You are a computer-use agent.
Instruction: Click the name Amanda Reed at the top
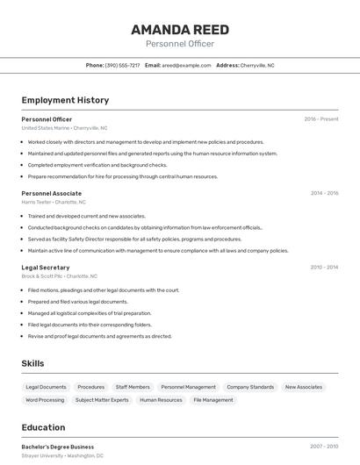click(180, 29)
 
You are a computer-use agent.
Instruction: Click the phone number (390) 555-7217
click(122, 65)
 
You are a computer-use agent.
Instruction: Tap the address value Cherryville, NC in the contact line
click(257, 65)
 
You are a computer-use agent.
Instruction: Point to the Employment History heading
click(65, 100)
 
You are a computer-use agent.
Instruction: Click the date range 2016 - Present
click(321, 119)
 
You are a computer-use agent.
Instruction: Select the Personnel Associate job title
click(52, 193)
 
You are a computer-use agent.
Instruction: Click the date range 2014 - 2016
click(324, 193)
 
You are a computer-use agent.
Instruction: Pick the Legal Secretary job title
click(46, 268)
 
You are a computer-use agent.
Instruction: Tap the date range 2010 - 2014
click(324, 268)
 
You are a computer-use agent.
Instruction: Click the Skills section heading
click(33, 363)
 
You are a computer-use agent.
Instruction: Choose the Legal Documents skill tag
click(46, 387)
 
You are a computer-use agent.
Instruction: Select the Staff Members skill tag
click(133, 387)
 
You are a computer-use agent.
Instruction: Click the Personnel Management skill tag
click(188, 387)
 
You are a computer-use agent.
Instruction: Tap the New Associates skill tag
click(303, 387)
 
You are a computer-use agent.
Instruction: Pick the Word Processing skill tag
click(45, 400)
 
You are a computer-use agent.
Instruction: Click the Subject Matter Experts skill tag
click(102, 400)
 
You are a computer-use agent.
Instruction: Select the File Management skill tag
click(213, 400)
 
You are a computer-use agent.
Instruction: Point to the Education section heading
click(43, 428)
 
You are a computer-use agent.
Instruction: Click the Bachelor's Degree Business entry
click(58, 447)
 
